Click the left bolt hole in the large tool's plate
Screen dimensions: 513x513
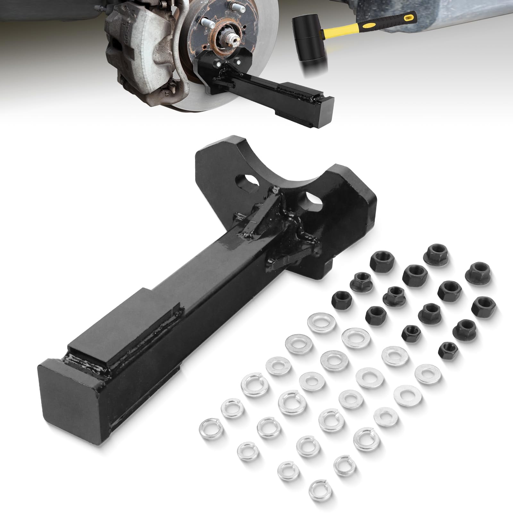pyautogui.click(x=247, y=182)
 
